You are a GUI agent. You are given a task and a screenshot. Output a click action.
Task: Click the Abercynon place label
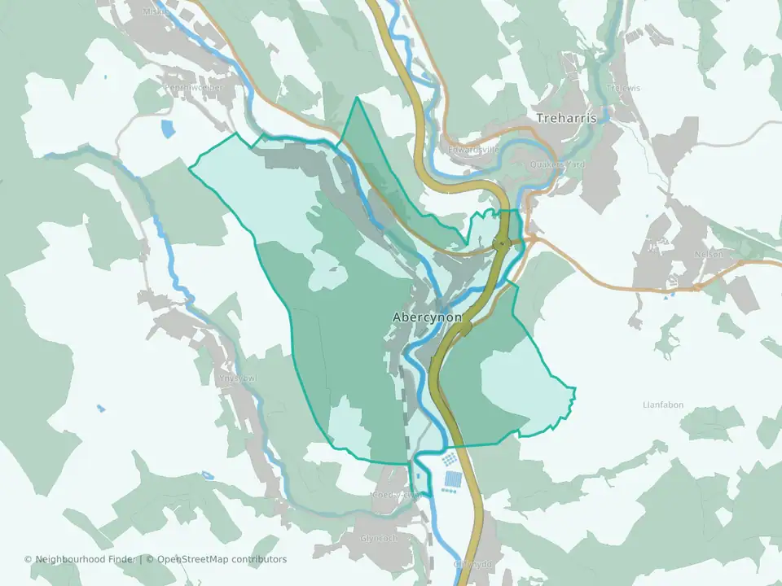pyautogui.click(x=427, y=317)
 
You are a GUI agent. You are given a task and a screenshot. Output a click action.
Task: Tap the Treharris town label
pyautogui.click(x=566, y=119)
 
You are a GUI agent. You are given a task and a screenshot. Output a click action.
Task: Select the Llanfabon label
pyautogui.click(x=663, y=405)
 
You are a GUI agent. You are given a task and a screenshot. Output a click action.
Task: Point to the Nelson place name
pyautogui.click(x=709, y=254)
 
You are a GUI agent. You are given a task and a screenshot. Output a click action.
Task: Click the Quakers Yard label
pyautogui.click(x=557, y=164)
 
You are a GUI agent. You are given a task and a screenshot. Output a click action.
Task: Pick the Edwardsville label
pyautogui.click(x=472, y=151)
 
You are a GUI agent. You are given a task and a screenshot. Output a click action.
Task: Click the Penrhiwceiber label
pyautogui.click(x=193, y=88)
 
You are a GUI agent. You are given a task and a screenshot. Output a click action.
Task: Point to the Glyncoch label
pyautogui.click(x=379, y=538)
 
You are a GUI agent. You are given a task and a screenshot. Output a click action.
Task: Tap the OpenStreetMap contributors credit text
pyautogui.click(x=222, y=559)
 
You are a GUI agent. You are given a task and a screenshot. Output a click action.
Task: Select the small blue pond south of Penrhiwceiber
pyautogui.click(x=169, y=129)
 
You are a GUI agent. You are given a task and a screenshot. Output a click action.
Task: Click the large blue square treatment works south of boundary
pyautogui.click(x=453, y=480)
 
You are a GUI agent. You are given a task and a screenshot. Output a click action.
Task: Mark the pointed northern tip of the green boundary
pyautogui.click(x=357, y=98)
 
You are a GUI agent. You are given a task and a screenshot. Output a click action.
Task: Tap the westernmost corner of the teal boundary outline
pyautogui.click(x=189, y=168)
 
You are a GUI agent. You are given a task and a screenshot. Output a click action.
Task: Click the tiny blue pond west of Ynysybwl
pyautogui.click(x=100, y=408)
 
